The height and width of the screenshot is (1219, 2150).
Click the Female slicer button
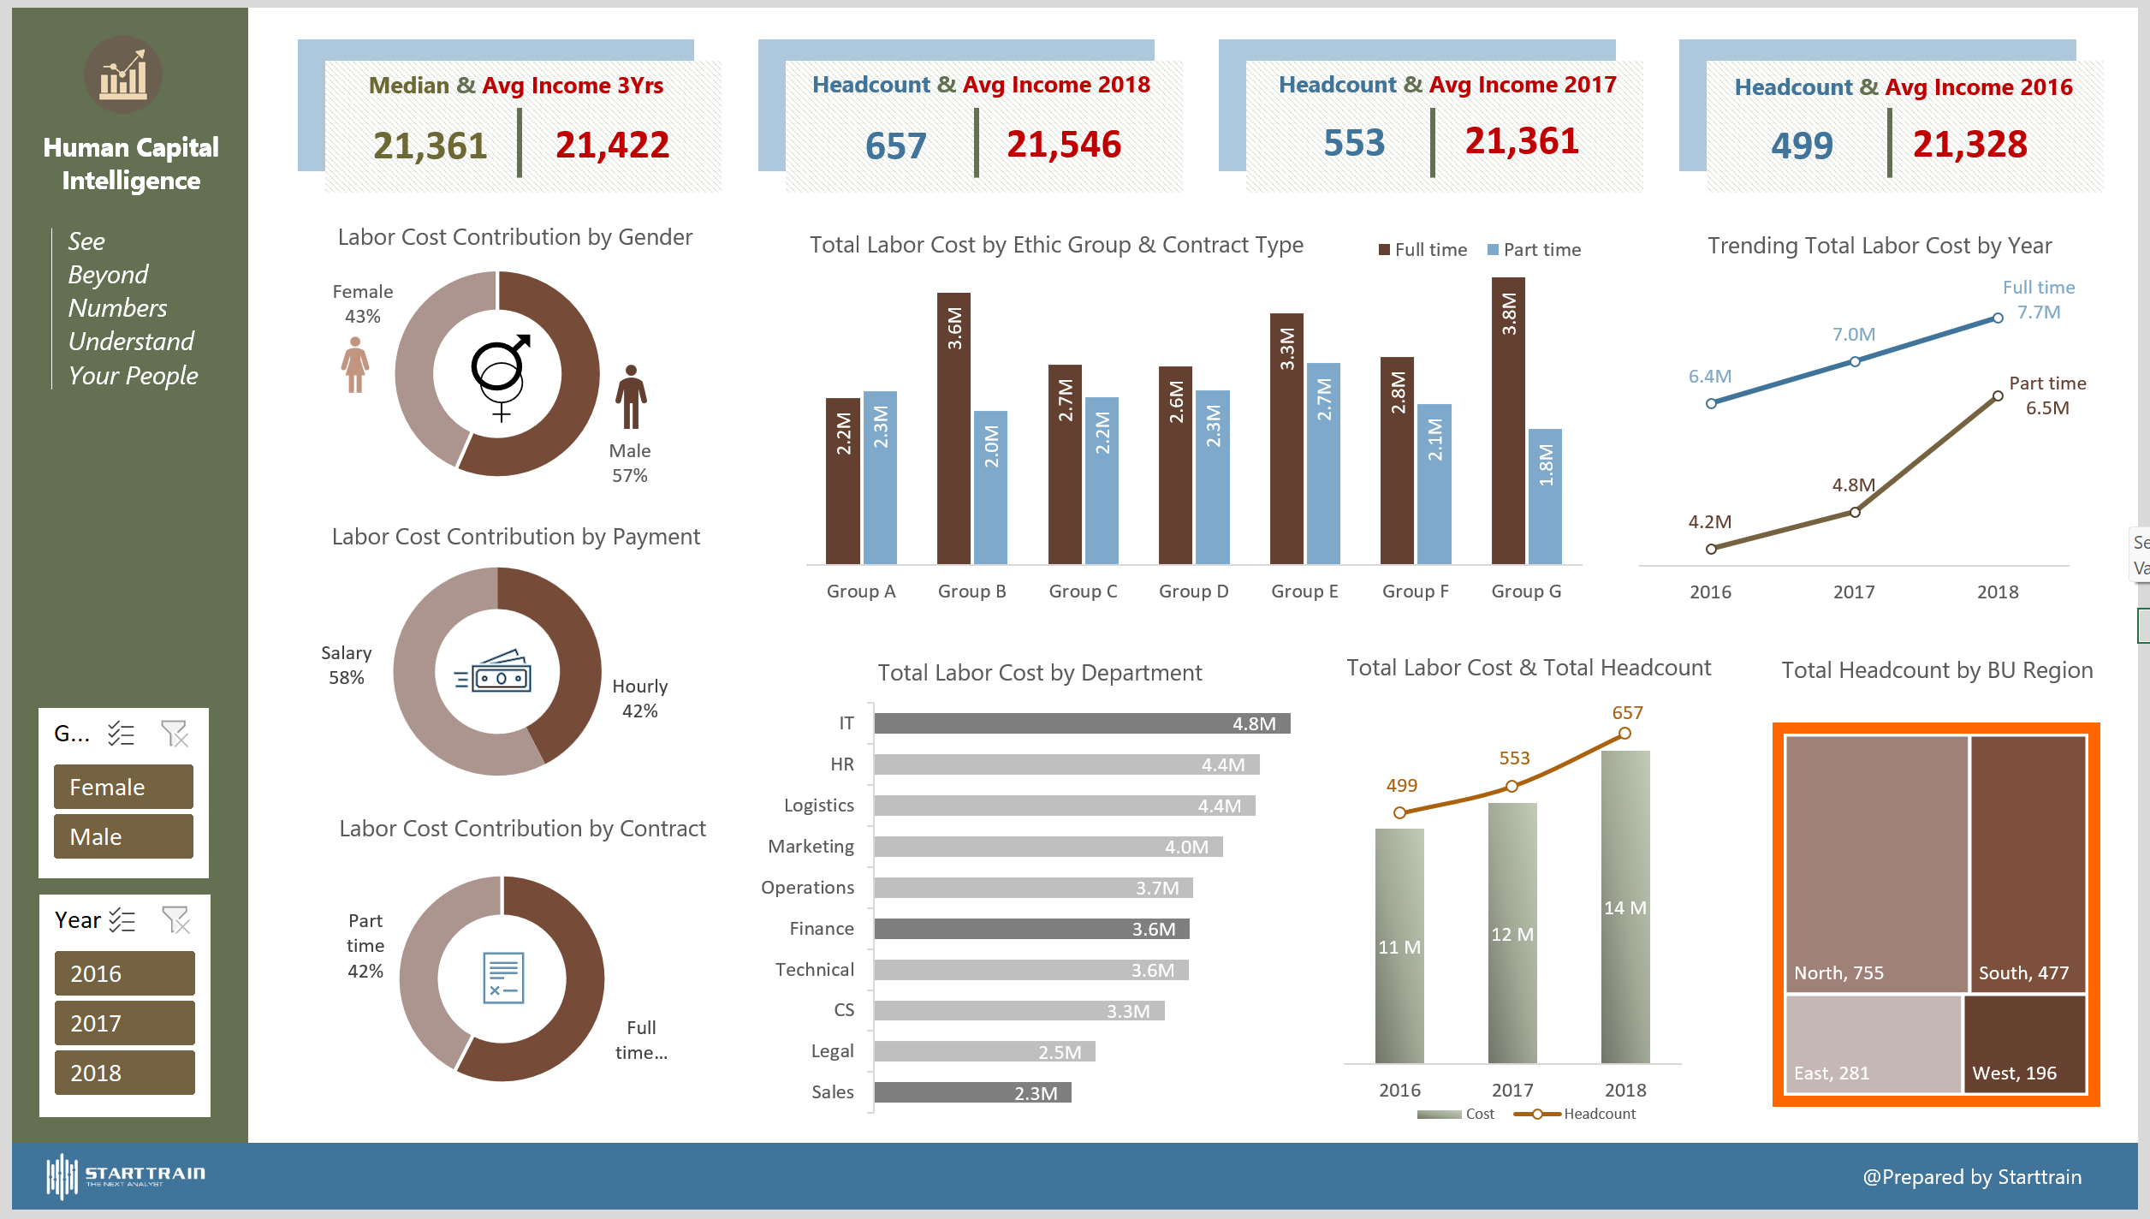coord(123,787)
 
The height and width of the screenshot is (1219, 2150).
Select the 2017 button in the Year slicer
coord(124,1023)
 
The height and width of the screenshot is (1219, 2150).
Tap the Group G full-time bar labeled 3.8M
coord(1508,420)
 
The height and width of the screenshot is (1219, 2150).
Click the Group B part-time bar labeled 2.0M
coord(991,487)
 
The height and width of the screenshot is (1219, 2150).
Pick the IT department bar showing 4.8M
coord(1082,723)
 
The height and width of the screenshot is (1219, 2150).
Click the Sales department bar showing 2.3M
coord(972,1092)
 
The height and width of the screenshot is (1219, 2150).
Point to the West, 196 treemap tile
coord(2024,1044)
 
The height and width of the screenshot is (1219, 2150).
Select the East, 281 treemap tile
coord(1873,1044)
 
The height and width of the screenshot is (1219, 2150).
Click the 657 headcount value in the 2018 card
coord(895,146)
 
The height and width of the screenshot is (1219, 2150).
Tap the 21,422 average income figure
coord(612,145)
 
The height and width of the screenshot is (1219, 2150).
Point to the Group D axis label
coord(1193,592)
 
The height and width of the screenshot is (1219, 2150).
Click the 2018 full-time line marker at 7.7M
coord(1998,318)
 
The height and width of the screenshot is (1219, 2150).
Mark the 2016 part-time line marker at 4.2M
coord(1711,549)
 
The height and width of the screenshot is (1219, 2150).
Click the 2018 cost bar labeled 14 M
coord(1625,907)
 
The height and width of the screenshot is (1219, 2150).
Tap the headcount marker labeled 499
coord(1399,812)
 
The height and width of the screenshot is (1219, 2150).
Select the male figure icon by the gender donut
coord(631,396)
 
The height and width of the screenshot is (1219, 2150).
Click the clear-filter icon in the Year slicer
coord(175,920)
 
